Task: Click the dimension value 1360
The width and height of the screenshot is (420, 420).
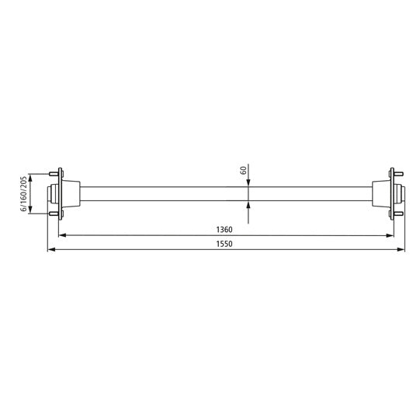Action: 226,230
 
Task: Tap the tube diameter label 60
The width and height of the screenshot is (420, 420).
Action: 243,169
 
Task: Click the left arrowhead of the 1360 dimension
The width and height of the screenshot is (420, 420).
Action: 66,235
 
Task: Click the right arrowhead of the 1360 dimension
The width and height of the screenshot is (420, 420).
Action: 387,235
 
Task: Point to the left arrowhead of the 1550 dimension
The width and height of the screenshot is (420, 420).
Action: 51,250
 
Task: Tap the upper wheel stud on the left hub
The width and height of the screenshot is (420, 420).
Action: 55,172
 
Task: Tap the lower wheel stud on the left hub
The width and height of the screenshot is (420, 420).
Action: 55,214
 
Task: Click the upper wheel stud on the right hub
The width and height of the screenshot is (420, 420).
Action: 398,172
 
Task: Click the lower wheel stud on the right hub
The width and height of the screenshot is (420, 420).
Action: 398,214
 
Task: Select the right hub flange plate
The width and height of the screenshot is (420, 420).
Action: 392,193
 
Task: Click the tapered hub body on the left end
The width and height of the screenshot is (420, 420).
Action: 71,193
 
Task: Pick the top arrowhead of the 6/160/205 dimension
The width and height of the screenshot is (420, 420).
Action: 30,175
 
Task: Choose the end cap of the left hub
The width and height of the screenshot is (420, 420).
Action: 51,193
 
